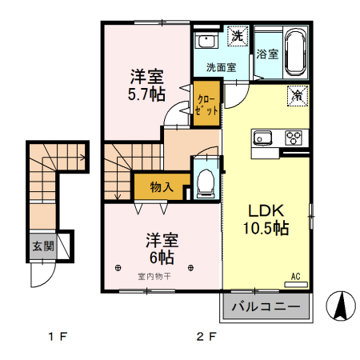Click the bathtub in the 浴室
tap(295, 53)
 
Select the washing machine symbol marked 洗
tap(238, 36)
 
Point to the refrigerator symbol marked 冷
tap(298, 96)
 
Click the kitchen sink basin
tap(262, 138)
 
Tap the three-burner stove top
tap(294, 138)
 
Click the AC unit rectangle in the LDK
tap(296, 285)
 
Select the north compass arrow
tap(341, 306)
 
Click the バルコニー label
tap(266, 306)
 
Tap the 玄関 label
tap(43, 246)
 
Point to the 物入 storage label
tap(162, 186)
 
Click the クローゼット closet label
tap(206, 106)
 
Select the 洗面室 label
tap(221, 67)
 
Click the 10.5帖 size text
tap(266, 228)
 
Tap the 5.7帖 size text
tap(146, 94)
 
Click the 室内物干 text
tap(154, 277)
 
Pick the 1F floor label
tap(57, 337)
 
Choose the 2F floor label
tap(206, 337)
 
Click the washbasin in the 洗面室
tap(206, 41)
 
